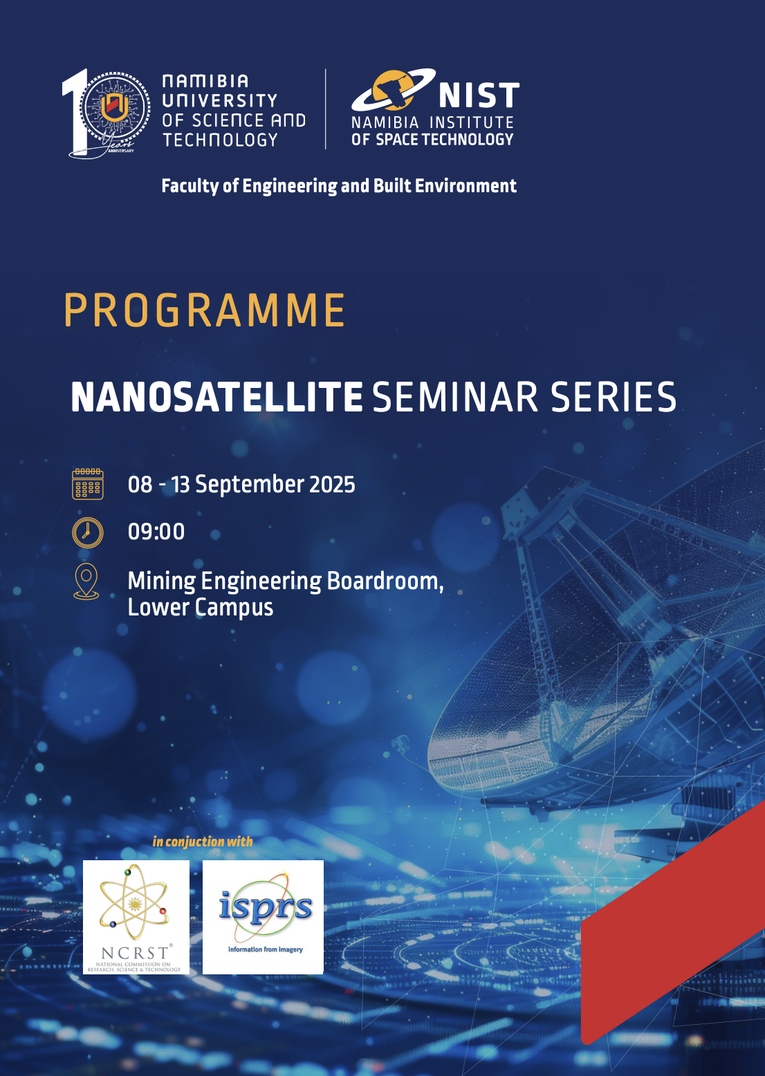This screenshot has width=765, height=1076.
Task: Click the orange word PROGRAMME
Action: point(204,310)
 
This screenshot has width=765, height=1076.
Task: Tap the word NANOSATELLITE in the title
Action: point(216,397)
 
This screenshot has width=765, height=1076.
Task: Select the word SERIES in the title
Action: point(613,397)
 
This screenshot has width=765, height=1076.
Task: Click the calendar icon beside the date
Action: point(87,484)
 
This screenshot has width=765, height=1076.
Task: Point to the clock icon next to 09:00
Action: point(87,532)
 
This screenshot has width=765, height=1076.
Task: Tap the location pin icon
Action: point(86,582)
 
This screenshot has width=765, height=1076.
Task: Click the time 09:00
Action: point(156,532)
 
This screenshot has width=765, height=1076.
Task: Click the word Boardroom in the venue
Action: point(385,581)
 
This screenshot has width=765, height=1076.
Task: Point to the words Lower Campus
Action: point(201,608)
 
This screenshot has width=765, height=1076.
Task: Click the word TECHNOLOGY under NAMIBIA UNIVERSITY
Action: point(220,140)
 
